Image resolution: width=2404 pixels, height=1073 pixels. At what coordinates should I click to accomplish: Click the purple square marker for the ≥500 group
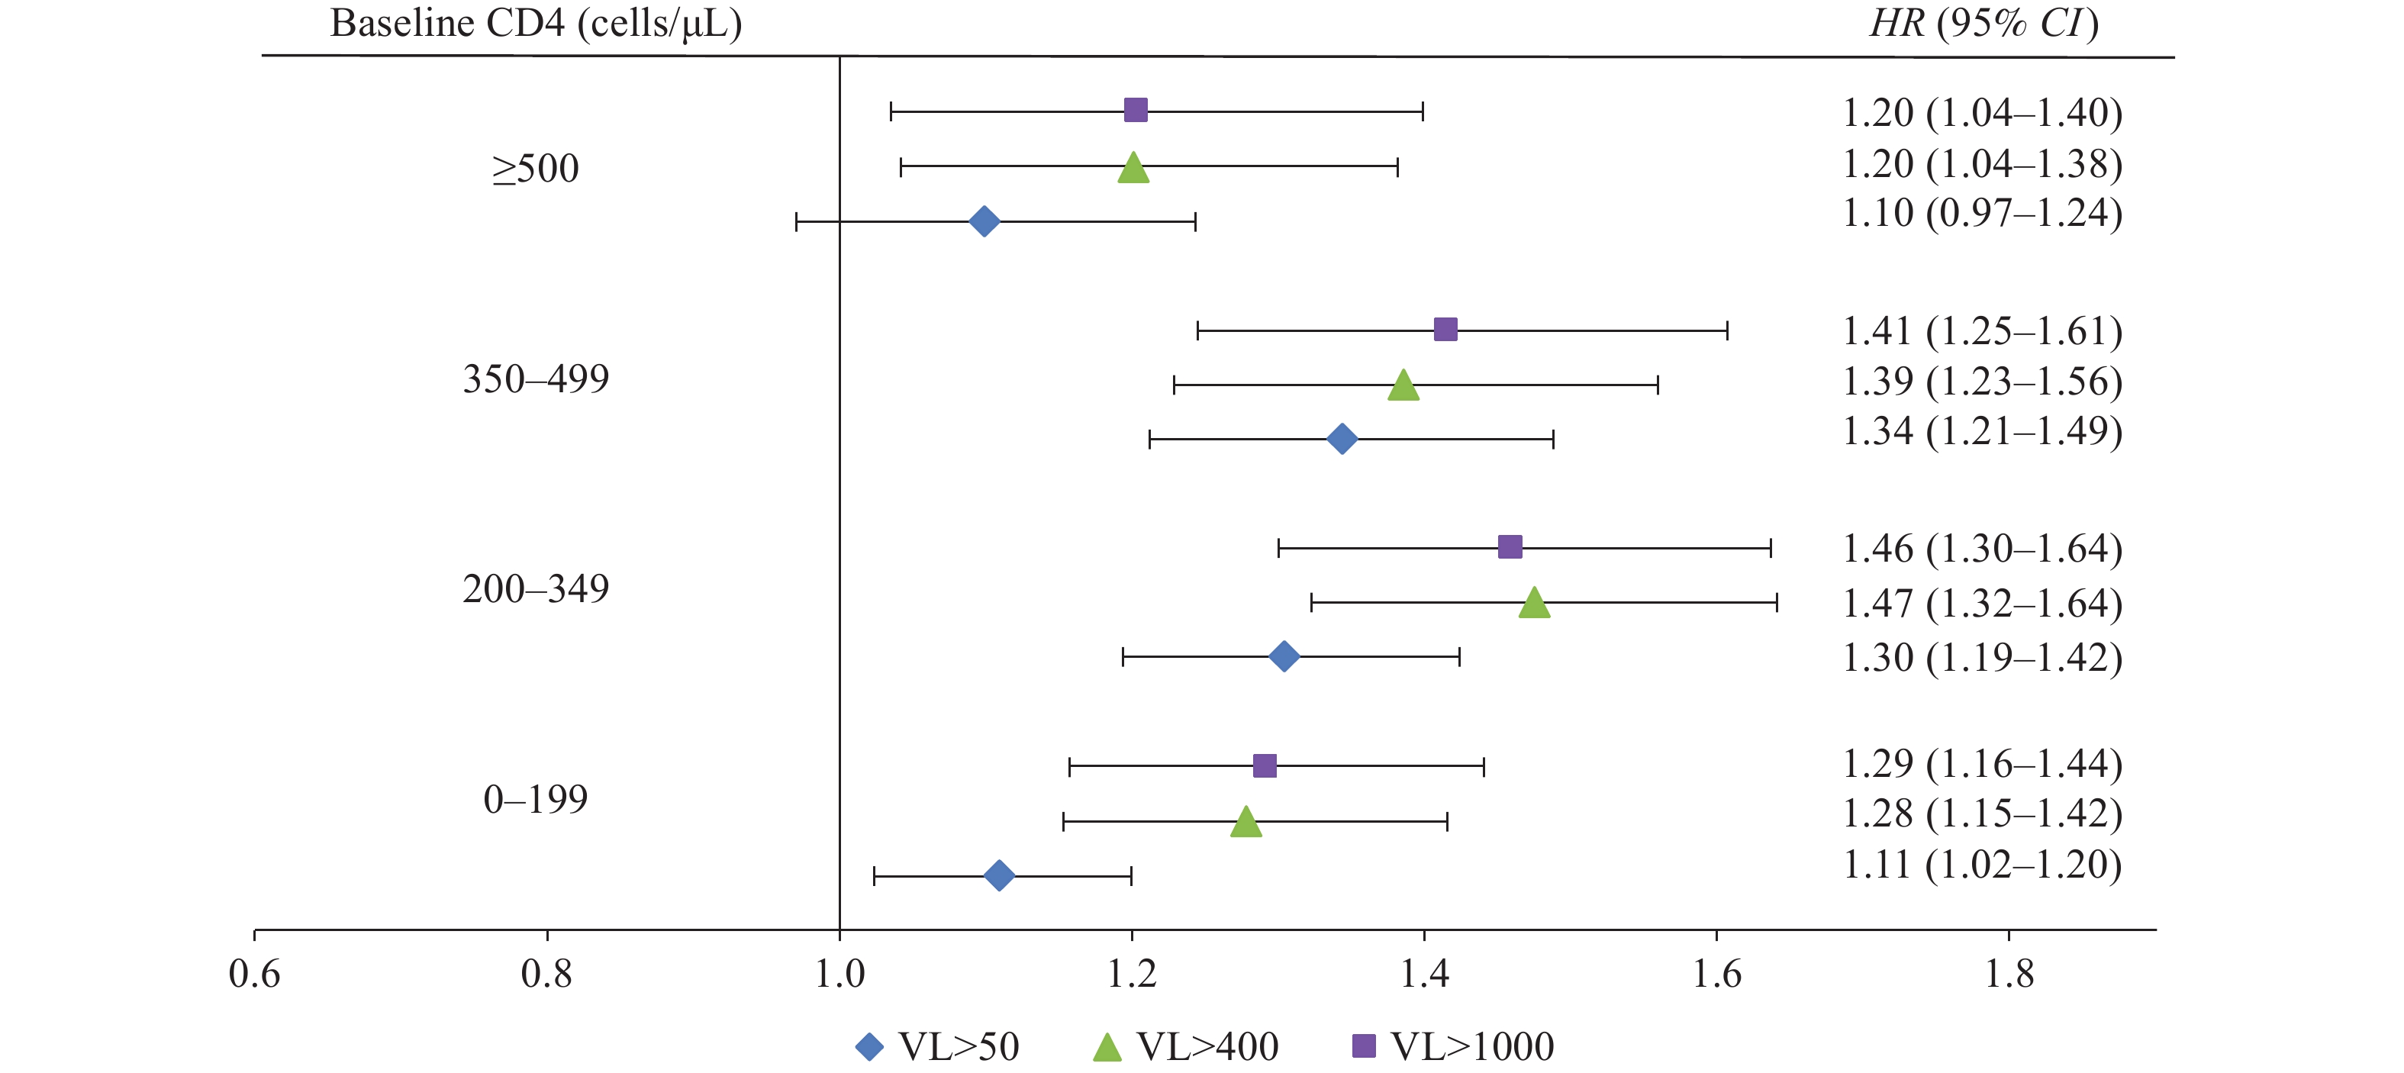tap(1135, 110)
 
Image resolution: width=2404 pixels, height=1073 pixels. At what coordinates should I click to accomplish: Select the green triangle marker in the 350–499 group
tap(1403, 385)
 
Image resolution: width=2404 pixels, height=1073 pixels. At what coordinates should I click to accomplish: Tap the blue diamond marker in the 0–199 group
tap(998, 875)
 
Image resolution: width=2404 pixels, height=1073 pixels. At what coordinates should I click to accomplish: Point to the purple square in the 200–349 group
tap(1509, 546)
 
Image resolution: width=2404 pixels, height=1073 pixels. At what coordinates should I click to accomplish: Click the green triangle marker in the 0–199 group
tap(1245, 823)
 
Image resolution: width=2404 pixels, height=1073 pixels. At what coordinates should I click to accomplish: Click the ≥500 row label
tap(536, 169)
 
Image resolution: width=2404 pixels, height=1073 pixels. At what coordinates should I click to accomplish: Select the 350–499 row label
tap(536, 379)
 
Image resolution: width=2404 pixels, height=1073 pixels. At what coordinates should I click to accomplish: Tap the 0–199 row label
tap(536, 800)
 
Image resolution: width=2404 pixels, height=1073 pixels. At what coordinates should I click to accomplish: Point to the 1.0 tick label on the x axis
tap(840, 974)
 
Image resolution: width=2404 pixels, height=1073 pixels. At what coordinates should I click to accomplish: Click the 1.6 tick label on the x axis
tap(1716, 974)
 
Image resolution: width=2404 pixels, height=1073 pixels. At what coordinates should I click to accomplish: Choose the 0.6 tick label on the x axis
tap(255, 974)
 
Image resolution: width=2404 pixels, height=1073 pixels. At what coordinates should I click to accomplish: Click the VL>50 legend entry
tap(938, 1047)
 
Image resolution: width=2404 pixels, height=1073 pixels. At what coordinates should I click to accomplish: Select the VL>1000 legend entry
tap(1453, 1047)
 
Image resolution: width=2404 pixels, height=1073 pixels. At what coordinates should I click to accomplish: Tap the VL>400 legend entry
tap(1186, 1047)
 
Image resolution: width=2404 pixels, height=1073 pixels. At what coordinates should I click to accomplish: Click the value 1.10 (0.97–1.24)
tap(1981, 214)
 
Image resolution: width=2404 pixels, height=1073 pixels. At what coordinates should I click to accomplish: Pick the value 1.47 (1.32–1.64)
tap(1981, 604)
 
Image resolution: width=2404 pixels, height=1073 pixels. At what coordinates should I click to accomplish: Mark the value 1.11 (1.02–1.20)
tap(1981, 865)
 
